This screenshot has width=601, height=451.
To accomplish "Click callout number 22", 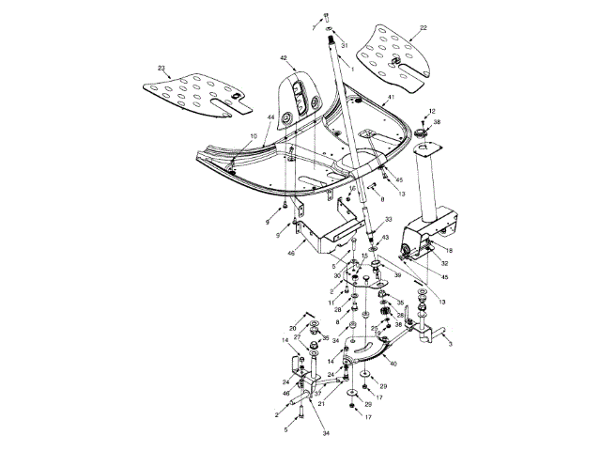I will tap(424, 28).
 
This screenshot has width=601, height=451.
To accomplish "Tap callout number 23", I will tap(162, 68).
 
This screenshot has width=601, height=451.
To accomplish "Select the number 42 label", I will tap(283, 58).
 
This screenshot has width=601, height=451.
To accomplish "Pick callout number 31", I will tap(343, 45).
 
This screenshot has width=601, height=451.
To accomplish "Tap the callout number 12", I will tap(432, 111).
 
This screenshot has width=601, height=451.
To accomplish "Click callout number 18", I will tap(449, 251).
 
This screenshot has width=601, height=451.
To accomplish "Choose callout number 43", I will tap(384, 238).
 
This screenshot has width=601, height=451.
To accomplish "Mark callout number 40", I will tap(392, 363).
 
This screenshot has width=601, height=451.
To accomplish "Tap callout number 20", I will tap(293, 328).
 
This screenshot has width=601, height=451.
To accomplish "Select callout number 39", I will tap(397, 275).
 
